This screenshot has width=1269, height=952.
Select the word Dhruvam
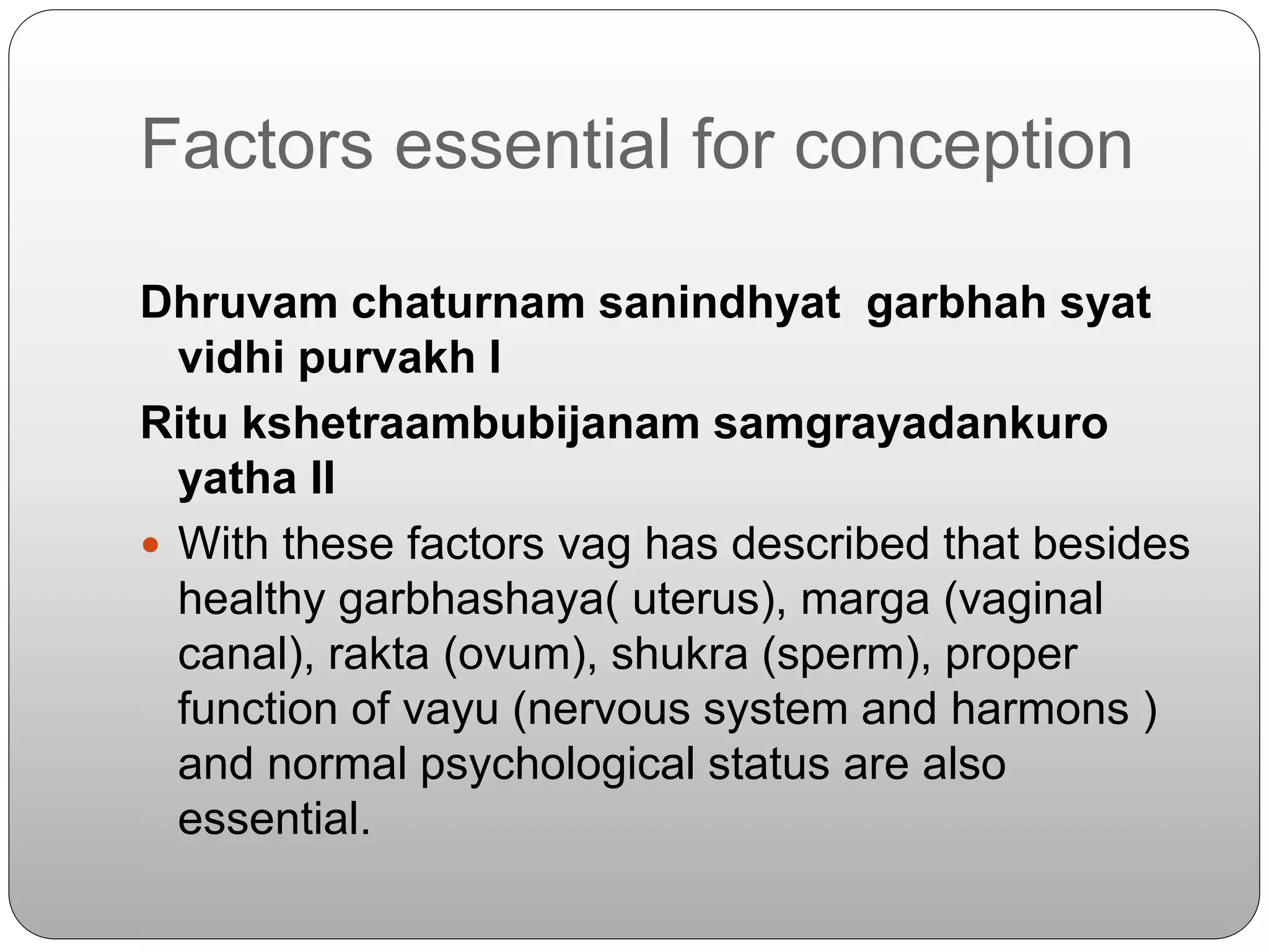(239, 303)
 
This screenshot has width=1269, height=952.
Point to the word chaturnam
(468, 303)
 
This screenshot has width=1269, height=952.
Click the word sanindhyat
(719, 303)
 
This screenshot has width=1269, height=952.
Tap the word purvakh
(387, 359)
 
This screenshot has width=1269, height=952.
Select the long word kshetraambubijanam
(470, 425)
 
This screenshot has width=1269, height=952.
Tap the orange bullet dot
(150, 545)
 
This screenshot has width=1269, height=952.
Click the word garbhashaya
(472, 600)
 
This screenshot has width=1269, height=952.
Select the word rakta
(379, 654)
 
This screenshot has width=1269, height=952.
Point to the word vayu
(450, 710)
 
